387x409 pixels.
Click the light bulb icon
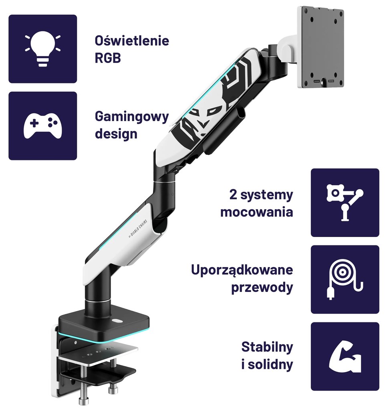coord(42,49)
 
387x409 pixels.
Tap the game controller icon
coord(42,126)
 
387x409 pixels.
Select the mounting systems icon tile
coord(345,202)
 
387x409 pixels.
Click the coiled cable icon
coord(345,279)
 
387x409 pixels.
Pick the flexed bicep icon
coord(345,356)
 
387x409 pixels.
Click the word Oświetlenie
coord(132,41)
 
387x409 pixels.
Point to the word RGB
coord(108,58)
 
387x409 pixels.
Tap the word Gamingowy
coord(132,117)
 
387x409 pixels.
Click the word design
coord(116,134)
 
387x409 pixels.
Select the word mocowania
coord(256,212)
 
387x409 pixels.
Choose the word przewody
coord(262,288)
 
